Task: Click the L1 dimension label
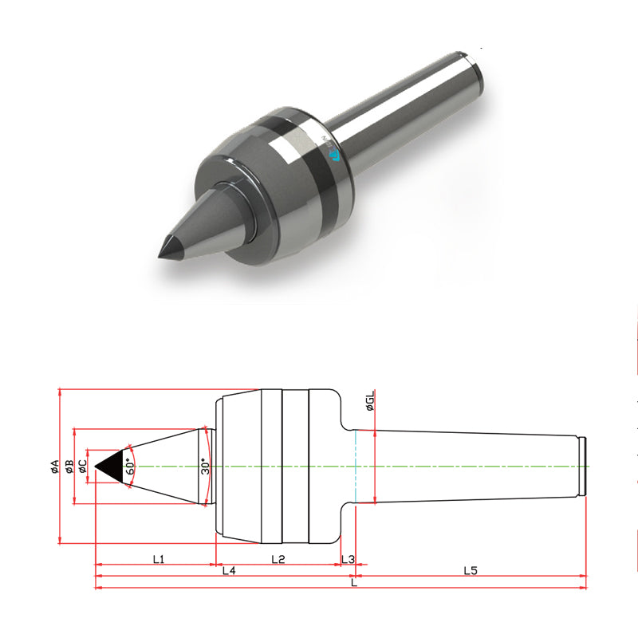pyautogui.click(x=158, y=559)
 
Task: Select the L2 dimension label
pyautogui.click(x=278, y=559)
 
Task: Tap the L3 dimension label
pyautogui.click(x=348, y=559)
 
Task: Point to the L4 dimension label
pyautogui.click(x=229, y=571)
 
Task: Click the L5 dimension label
pyautogui.click(x=471, y=571)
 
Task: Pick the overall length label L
pyautogui.click(x=354, y=583)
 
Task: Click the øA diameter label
pyautogui.click(x=55, y=467)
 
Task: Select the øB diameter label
pyautogui.click(x=70, y=467)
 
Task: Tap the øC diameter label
pyautogui.click(x=82, y=467)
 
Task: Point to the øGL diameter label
pyautogui.click(x=370, y=403)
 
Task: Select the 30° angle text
pyautogui.click(x=205, y=467)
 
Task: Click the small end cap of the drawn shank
pyautogui.click(x=584, y=467)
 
